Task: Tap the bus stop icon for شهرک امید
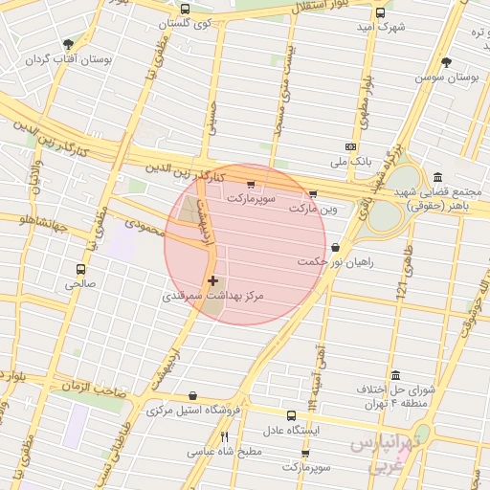(x=380, y=13)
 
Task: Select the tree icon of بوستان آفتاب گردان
(x=68, y=44)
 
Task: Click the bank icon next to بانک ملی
(x=350, y=145)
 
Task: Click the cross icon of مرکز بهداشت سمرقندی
(x=212, y=280)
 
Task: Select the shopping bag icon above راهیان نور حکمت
(x=335, y=247)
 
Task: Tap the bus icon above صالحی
(x=81, y=269)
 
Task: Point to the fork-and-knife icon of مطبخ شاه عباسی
(x=224, y=436)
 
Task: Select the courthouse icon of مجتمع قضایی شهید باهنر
(x=437, y=178)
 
